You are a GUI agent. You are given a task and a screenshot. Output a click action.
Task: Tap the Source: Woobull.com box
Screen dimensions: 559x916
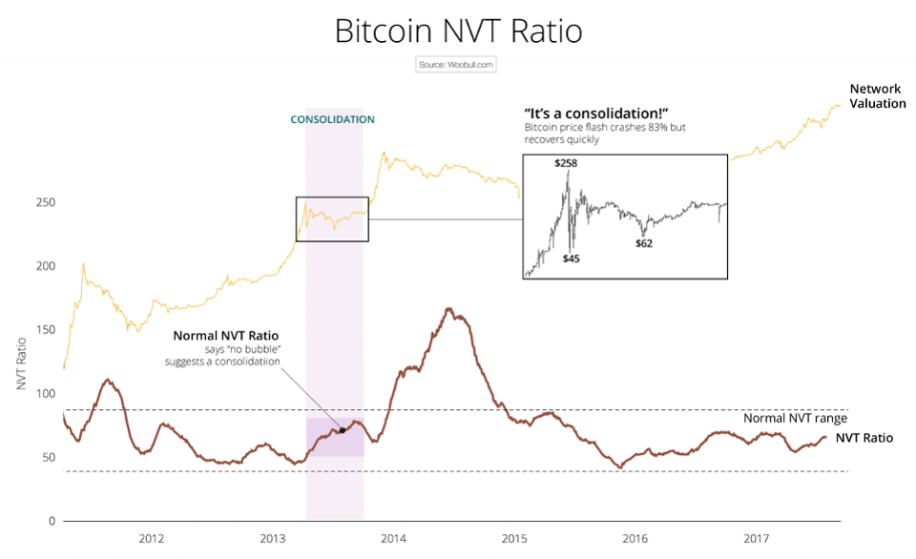tap(456, 65)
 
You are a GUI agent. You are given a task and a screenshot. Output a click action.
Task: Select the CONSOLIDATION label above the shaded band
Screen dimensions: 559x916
tap(332, 119)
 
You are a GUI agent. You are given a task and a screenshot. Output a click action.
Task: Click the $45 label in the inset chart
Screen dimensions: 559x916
tap(571, 259)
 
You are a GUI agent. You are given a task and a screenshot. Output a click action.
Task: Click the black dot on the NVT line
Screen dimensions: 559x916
tap(343, 430)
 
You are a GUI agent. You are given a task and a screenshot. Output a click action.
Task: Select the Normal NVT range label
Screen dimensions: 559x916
tap(796, 418)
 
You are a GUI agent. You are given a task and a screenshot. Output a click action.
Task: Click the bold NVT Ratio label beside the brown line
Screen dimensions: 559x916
tap(864, 438)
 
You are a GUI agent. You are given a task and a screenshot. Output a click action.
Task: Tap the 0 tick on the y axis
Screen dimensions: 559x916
tap(52, 521)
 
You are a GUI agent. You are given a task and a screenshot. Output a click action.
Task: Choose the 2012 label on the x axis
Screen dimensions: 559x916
tap(151, 539)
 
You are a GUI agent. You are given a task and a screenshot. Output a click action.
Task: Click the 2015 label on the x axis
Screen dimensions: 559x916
tap(514, 539)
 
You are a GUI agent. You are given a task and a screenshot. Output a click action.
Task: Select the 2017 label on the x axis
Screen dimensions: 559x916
tap(757, 539)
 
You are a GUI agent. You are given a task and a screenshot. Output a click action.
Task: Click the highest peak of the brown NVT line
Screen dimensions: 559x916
tap(448, 309)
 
